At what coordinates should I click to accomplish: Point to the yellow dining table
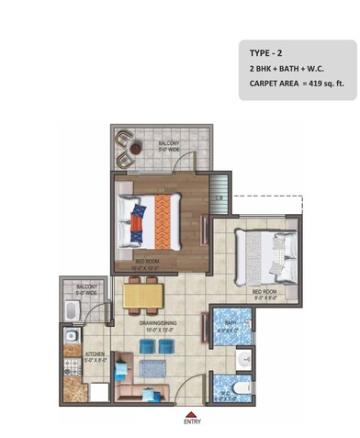tap(143, 295)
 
